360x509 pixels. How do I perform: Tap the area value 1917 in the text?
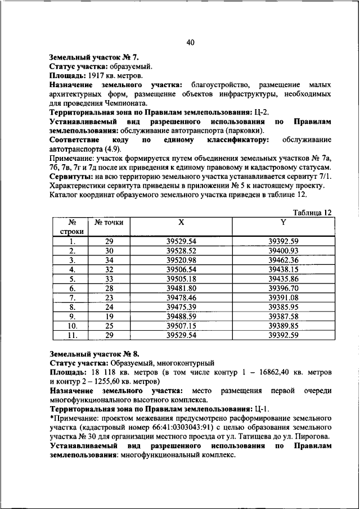[94, 75]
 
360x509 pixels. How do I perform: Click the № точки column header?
[109, 222]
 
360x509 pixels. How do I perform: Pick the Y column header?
[283, 222]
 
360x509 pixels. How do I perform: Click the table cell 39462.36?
[283, 260]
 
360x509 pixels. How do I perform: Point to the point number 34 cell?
[109, 260]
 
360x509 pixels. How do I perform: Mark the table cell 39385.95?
[283, 307]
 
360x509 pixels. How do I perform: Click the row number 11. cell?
[71, 335]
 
